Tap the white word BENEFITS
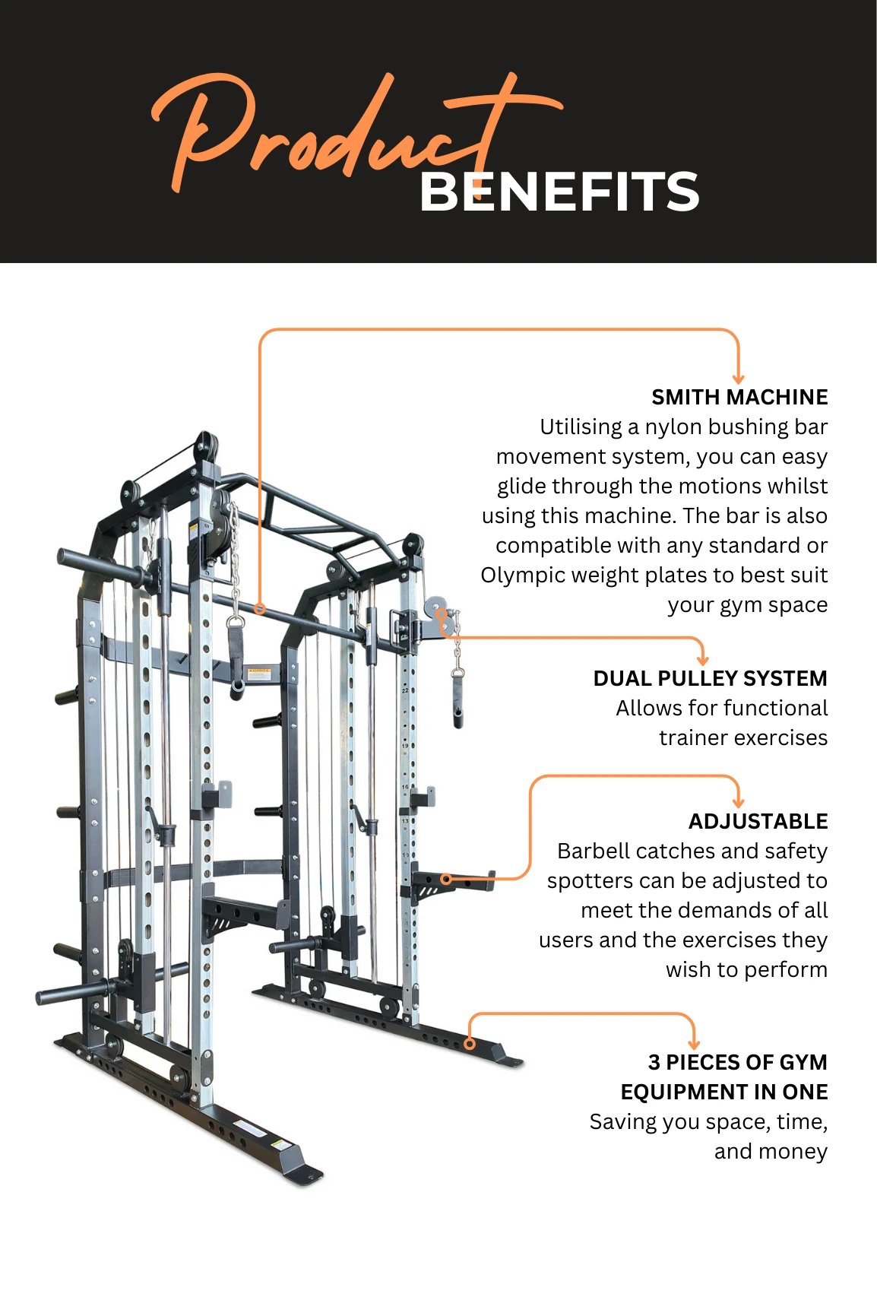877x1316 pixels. (559, 192)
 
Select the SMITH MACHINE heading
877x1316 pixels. (739, 397)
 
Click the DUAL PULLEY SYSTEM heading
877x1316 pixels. (710, 678)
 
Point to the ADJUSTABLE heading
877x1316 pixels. (758, 821)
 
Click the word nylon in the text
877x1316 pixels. (673, 427)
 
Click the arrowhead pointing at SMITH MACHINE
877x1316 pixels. (738, 379)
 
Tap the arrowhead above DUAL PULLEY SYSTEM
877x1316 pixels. (702, 660)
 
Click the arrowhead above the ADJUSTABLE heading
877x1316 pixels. (738, 802)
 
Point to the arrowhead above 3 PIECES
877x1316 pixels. (693, 1045)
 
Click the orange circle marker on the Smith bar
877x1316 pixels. (260, 609)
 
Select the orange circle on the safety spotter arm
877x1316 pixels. (447, 880)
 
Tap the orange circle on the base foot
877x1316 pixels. (470, 1044)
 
